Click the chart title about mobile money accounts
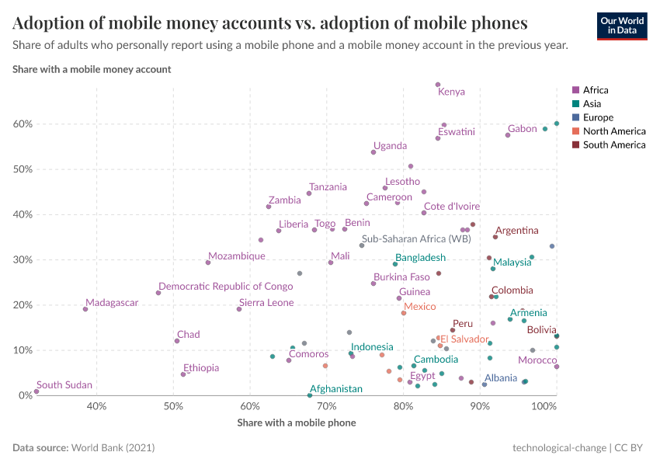point(270,23)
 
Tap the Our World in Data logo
point(621,25)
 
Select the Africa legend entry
point(596,90)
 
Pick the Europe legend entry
point(597,117)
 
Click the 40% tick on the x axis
point(96,406)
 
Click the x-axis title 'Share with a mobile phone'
point(296,423)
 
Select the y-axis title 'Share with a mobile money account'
point(92,69)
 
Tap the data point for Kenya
point(438,85)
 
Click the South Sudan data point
point(36,391)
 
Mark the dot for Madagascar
point(85,309)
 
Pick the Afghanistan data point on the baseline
point(310,395)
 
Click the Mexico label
point(419,307)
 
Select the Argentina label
point(516,231)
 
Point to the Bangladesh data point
point(395,264)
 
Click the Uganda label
point(390,146)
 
